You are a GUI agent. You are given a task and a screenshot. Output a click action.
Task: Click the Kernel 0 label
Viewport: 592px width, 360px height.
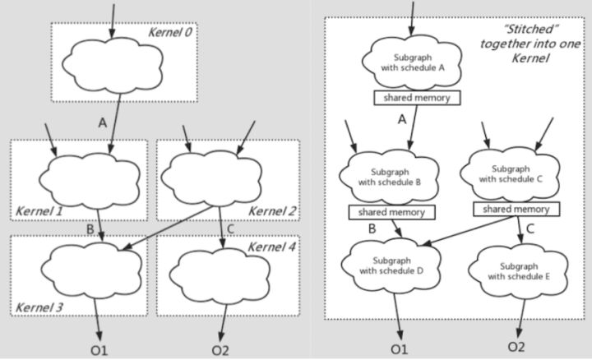[x=170, y=32]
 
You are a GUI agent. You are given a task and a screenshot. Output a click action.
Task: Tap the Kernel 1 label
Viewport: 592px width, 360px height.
[x=39, y=211]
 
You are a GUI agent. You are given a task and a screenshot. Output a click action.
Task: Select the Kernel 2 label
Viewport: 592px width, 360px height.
[x=272, y=211]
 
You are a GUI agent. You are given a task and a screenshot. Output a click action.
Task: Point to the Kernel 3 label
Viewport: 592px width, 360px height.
[x=39, y=307]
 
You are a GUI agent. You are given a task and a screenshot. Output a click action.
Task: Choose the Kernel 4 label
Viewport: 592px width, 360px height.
[x=272, y=247]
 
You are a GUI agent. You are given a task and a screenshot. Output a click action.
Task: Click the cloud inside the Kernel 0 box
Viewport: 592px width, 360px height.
[x=113, y=63]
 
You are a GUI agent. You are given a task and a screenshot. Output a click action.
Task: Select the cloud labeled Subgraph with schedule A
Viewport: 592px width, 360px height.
[x=412, y=62]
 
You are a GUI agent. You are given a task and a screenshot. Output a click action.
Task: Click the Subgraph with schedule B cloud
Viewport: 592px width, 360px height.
[x=389, y=177]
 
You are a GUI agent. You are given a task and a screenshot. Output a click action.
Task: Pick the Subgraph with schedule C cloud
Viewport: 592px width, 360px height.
[x=510, y=174]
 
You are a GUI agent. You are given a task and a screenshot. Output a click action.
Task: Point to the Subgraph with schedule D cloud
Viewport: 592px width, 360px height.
[x=391, y=265]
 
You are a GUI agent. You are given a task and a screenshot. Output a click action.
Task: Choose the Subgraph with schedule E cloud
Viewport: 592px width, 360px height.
[x=518, y=271]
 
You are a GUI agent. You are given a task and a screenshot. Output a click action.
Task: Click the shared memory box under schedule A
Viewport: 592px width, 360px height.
[x=417, y=98]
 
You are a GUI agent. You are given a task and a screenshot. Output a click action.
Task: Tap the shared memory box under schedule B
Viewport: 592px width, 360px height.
[x=391, y=212]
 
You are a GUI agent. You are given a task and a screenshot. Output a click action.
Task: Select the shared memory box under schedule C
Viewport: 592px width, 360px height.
[x=516, y=209]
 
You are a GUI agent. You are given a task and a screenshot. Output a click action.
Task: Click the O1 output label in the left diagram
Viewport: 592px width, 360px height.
[x=99, y=351]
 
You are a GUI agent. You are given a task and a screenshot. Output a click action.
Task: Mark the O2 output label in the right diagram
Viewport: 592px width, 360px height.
[x=516, y=347]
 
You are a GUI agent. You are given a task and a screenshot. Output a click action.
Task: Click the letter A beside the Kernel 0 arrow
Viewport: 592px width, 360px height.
[x=102, y=122]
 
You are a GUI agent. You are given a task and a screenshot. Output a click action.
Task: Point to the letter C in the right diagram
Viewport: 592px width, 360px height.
[x=530, y=228]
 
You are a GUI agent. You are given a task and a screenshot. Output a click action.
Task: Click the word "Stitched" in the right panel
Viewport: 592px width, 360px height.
[x=531, y=29]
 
